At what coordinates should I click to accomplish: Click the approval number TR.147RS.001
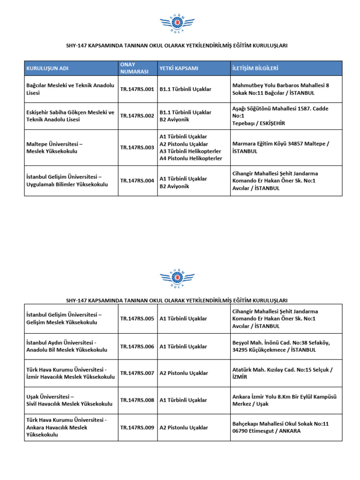pos(137,89)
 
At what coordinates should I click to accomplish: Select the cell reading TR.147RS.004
pos(137,180)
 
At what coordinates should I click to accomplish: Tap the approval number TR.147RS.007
pos(137,374)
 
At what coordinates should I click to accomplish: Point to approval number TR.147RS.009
pos(137,427)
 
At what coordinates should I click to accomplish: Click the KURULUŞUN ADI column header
pos(48,68)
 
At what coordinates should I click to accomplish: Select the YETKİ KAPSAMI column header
pos(179,68)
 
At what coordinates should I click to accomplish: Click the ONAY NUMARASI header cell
pos(135,68)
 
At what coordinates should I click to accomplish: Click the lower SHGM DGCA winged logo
pos(180,278)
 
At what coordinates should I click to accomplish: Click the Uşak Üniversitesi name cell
pos(69,400)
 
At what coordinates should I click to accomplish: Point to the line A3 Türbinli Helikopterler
pos(190,151)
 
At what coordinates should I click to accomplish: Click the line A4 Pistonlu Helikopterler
pos(190,158)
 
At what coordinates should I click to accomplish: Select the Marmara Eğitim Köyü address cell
pos(281,148)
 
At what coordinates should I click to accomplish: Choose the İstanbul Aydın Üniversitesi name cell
pos(67,346)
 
